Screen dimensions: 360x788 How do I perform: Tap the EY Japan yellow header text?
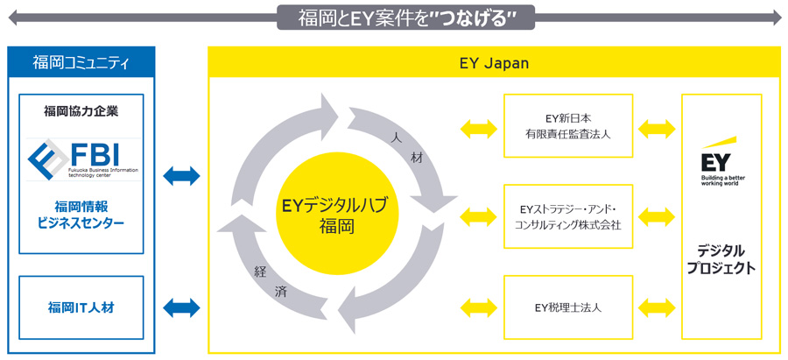point(494,64)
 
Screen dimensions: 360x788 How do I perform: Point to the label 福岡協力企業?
point(81,111)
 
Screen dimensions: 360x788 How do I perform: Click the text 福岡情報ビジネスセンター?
point(81,215)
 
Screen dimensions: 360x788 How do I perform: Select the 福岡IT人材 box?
point(81,307)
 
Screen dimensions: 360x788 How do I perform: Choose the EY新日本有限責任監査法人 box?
point(568,126)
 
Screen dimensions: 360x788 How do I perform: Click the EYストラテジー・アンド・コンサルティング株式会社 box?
point(568,216)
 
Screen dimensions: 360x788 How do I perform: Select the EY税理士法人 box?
point(568,307)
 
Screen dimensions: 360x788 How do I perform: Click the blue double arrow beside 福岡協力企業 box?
point(181,176)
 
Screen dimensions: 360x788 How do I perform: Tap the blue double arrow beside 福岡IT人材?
point(181,307)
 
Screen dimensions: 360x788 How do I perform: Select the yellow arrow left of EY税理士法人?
point(477,307)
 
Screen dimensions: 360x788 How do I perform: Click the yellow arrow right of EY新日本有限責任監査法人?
point(657,129)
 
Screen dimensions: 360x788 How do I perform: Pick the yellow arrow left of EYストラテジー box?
point(477,215)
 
